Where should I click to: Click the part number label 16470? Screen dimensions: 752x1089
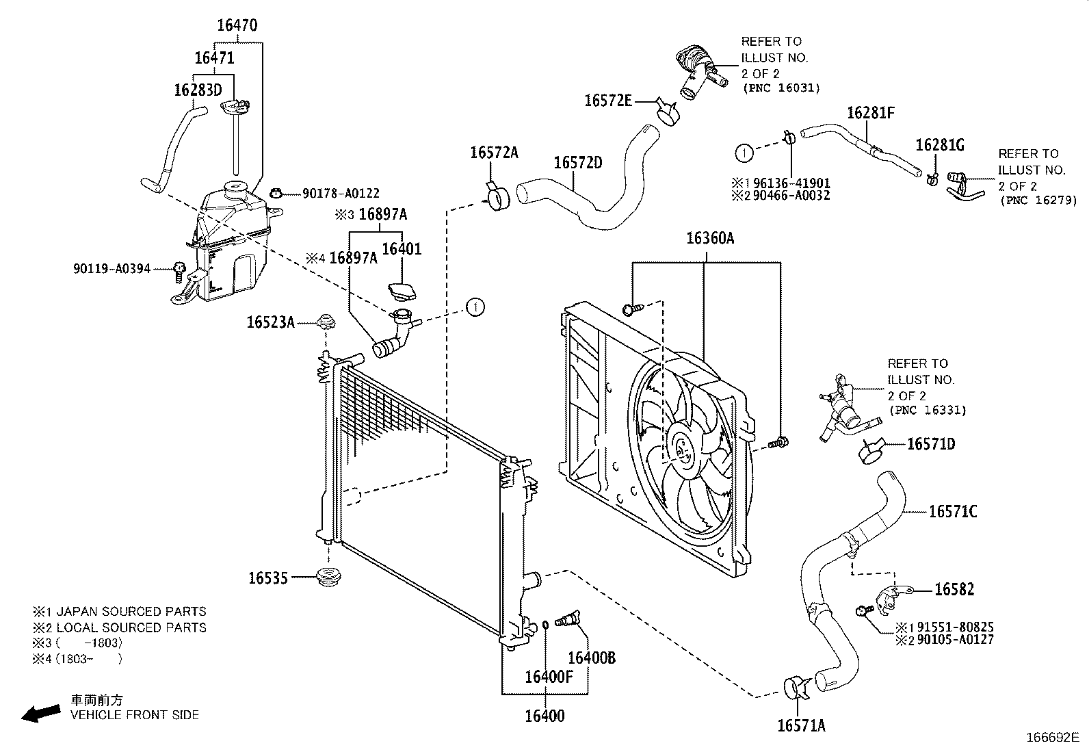point(237,26)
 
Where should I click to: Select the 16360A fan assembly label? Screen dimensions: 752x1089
point(709,238)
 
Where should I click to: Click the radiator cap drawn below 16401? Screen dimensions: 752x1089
point(400,290)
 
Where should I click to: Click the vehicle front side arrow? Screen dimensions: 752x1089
point(40,713)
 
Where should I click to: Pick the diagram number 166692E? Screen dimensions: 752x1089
point(1051,738)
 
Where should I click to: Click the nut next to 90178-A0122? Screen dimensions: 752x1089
point(277,194)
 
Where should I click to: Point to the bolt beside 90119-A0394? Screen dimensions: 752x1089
point(180,269)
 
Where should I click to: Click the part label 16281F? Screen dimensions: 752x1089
point(870,113)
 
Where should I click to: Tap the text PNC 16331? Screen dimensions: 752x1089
point(928,411)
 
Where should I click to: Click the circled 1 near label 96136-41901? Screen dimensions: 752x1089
point(744,152)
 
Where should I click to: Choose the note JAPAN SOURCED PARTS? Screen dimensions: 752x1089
point(131,612)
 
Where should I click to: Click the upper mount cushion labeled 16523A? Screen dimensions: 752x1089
point(326,322)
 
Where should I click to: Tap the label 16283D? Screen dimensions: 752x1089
point(198,90)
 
